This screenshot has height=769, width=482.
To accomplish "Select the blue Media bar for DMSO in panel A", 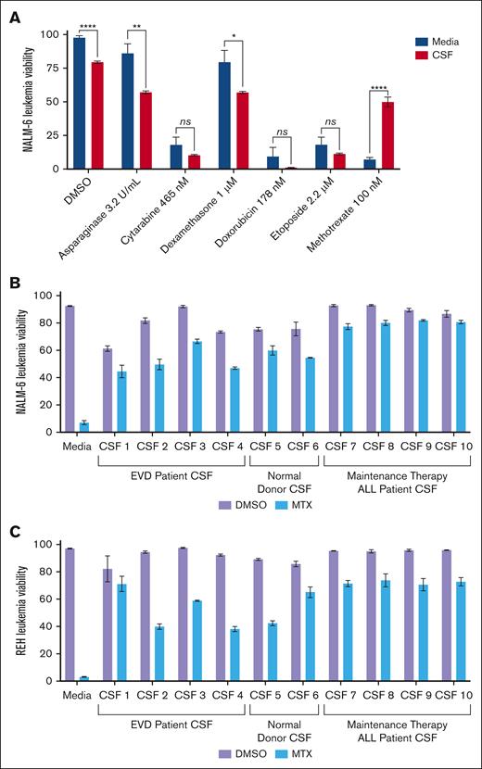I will click(79, 103).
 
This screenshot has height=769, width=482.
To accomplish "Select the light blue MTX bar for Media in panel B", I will click(84, 427).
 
